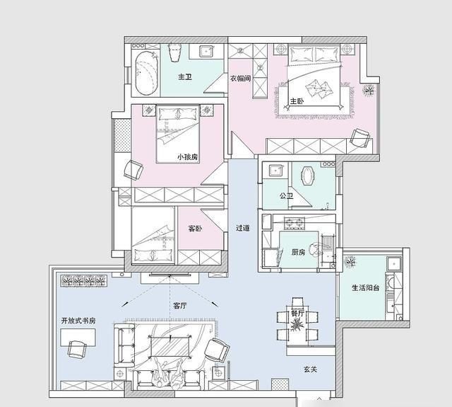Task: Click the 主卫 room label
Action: click(185, 77)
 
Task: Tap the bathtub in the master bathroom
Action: click(147, 74)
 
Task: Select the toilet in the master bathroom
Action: click(174, 52)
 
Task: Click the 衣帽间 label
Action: click(240, 79)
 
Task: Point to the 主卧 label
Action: click(297, 101)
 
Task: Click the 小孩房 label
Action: click(187, 157)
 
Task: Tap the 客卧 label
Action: click(195, 229)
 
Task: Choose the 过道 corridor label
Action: click(243, 228)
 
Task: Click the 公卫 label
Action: click(286, 196)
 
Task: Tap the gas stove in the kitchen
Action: click(295, 222)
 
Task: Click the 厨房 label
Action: click(298, 252)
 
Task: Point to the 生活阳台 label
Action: click(365, 287)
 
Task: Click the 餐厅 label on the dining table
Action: click(297, 314)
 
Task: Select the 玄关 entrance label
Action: click(310, 369)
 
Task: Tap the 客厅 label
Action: click(180, 306)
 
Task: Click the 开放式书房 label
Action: click(78, 321)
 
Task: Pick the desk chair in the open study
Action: click(77, 349)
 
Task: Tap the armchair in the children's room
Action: click(133, 170)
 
